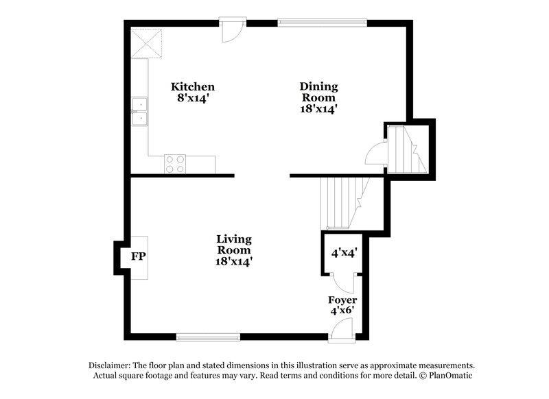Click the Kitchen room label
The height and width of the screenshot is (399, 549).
click(x=193, y=87)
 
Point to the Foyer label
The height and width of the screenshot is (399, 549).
click(x=342, y=300)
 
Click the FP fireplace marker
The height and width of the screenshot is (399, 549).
click(x=138, y=257)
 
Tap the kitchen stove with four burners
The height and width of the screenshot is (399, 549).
click(x=175, y=164)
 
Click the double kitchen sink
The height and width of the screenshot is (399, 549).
click(x=141, y=113)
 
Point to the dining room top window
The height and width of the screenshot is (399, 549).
click(x=323, y=23)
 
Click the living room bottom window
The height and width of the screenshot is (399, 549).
click(x=208, y=337)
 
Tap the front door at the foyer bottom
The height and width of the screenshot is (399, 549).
click(x=341, y=332)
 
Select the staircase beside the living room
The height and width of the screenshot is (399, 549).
click(x=342, y=202)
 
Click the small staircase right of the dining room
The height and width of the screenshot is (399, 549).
click(x=406, y=149)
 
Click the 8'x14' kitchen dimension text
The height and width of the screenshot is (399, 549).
click(x=193, y=98)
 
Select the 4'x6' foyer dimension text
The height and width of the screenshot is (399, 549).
click(x=342, y=311)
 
